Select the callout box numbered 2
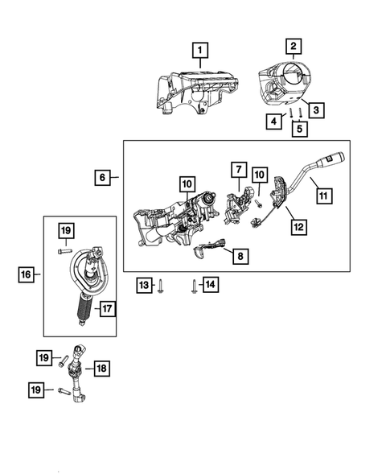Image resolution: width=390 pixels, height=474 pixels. click(294, 47)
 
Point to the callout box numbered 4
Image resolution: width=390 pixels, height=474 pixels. click(275, 122)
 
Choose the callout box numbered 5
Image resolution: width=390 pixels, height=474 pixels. click(299, 127)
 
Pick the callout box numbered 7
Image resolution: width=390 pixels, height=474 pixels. click(239, 170)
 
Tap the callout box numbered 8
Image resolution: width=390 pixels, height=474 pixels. click(239, 256)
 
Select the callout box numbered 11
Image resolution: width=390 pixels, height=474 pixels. click(322, 194)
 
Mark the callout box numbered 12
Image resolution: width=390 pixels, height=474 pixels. click(298, 228)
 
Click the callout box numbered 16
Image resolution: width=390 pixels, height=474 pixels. click(27, 275)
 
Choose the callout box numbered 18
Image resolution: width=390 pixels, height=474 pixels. click(101, 368)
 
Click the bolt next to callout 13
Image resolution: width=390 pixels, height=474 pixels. click(162, 285)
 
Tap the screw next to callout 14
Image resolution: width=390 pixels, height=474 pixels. click(194, 286)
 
